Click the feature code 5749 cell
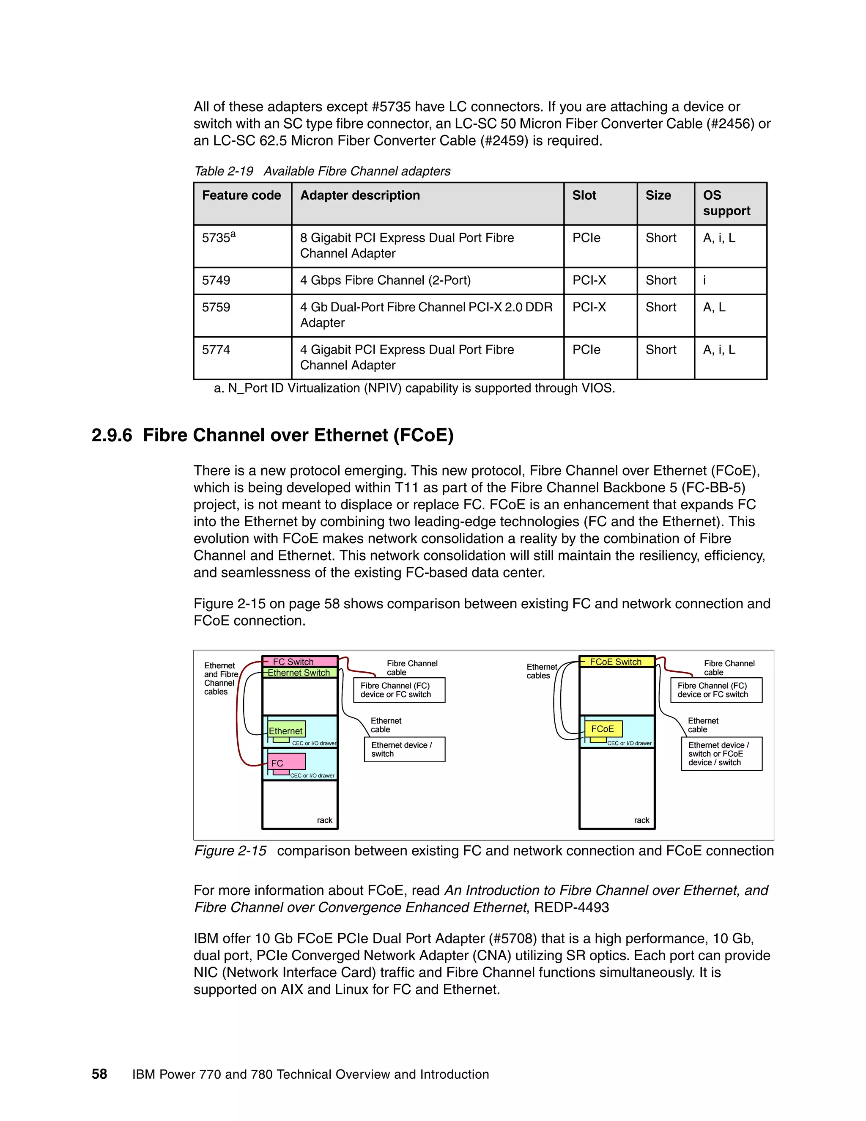216,280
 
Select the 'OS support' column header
726,203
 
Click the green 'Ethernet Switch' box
299,673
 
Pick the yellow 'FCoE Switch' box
616,662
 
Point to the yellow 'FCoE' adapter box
603,729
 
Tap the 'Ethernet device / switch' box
404,750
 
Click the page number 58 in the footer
99,1074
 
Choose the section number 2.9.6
112,435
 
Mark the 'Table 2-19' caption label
224,171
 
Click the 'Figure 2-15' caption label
230,851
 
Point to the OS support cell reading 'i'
704,280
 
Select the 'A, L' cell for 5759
714,308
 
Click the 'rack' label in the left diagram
324,820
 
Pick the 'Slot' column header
584,195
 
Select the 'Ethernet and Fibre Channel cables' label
221,679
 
